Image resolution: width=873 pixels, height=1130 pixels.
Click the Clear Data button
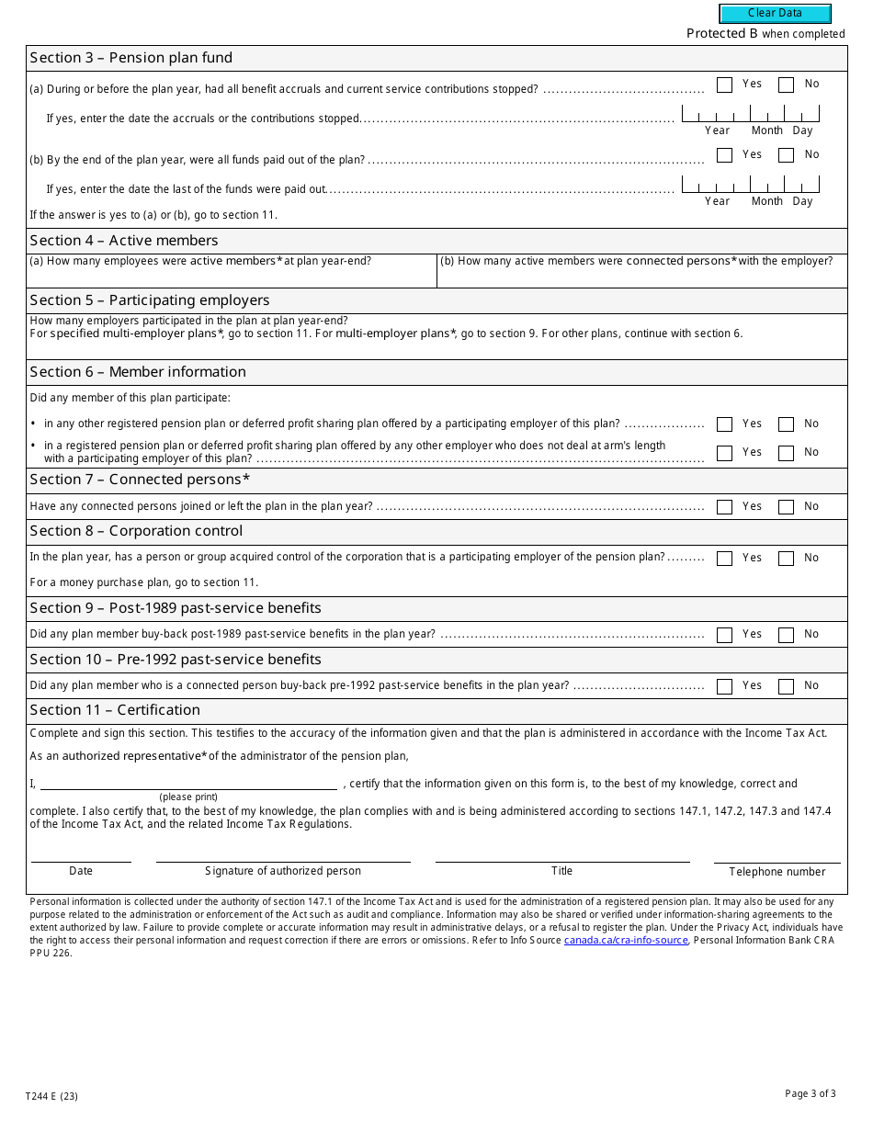(x=775, y=14)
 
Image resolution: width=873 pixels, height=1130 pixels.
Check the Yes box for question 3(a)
(x=724, y=85)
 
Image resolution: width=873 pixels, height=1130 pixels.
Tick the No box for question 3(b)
(x=786, y=155)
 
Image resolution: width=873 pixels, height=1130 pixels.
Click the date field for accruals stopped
(x=750, y=115)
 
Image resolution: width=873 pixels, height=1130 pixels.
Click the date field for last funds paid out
(x=750, y=186)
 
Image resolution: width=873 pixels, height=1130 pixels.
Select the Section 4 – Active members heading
(x=124, y=241)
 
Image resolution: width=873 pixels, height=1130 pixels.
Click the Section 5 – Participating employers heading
(x=150, y=300)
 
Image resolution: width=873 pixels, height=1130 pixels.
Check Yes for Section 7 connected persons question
(x=724, y=507)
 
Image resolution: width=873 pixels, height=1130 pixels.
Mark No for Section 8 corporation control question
(x=786, y=559)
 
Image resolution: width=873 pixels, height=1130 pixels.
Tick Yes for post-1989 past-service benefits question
(x=724, y=635)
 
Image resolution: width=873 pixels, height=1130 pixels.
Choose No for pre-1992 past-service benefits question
(x=786, y=686)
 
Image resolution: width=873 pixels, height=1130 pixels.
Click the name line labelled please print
(x=188, y=783)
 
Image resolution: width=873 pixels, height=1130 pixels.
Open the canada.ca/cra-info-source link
(x=626, y=941)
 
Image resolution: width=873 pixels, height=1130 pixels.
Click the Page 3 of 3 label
(x=810, y=1093)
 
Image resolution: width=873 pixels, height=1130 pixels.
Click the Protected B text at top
(x=722, y=34)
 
